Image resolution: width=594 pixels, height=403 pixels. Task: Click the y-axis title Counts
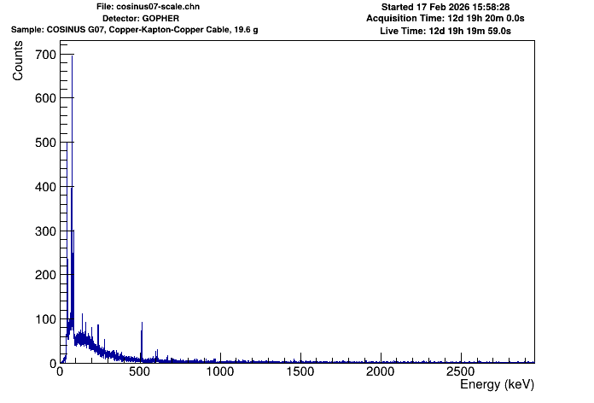[18, 64]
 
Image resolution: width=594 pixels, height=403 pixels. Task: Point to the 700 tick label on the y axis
[44, 55]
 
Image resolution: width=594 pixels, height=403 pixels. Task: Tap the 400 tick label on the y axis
[44, 187]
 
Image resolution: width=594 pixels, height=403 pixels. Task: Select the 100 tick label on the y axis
[44, 319]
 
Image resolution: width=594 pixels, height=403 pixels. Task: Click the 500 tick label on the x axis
[140, 372]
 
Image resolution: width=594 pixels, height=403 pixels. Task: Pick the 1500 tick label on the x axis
[300, 372]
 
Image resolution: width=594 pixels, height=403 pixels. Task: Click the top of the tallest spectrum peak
[72, 55]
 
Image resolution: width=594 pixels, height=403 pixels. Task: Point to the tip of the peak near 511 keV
[142, 323]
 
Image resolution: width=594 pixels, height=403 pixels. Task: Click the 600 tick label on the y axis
[44, 99]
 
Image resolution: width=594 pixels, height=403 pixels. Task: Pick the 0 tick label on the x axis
[60, 372]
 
